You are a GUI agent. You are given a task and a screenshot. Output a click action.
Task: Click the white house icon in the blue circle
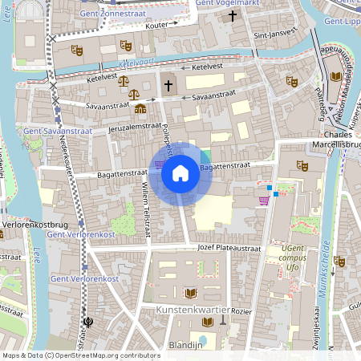coord(180,172)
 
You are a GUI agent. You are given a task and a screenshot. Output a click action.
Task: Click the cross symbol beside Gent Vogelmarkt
coord(233,16)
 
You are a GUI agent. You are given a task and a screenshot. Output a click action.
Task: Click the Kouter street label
coord(157,26)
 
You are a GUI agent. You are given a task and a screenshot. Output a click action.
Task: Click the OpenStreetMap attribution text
coord(81,355)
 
